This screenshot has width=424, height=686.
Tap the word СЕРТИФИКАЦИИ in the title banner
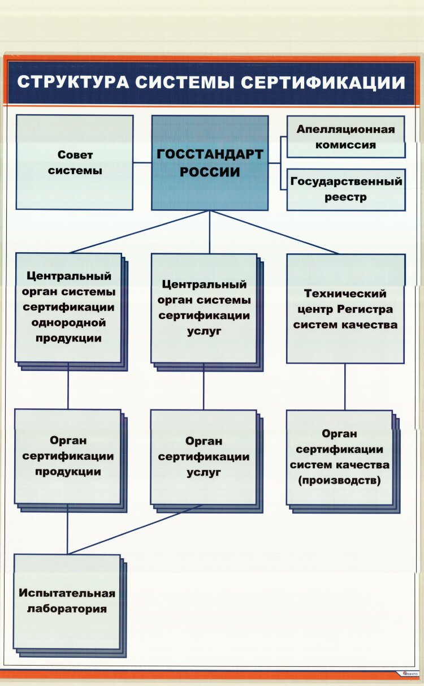pos(323,82)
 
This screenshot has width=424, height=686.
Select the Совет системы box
pos(75,162)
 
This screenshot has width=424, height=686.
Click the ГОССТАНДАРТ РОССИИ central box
pos(210,163)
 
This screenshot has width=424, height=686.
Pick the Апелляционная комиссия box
pos(346,137)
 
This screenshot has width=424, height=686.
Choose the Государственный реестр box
pos(346,189)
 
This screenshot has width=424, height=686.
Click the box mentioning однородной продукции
pos(68,308)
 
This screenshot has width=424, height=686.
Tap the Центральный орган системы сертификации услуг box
pos(204,308)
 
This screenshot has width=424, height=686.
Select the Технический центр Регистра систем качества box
pos(345,309)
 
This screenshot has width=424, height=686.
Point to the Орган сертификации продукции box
pos(68,456)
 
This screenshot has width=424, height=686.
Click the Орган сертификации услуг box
pos(204,456)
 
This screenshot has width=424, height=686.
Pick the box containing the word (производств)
pos(339,457)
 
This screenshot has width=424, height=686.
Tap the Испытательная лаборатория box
pos(67,601)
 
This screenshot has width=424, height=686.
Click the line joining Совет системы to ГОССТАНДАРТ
pos(142,163)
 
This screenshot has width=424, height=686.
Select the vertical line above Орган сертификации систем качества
pos(345,387)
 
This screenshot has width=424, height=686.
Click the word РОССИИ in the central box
pos(210,172)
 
